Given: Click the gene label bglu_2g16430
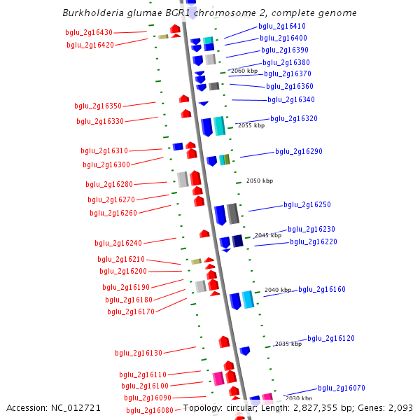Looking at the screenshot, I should point(89,32).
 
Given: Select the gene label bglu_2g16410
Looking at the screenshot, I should point(262,26).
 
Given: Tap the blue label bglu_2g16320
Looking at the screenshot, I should point(294,118).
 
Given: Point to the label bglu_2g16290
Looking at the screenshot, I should point(299,151).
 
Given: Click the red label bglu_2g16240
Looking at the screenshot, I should point(118,243).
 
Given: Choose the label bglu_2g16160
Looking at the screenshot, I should point(322,289).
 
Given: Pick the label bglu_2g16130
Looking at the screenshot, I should point(139,353).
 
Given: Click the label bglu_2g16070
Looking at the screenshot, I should point(342,388).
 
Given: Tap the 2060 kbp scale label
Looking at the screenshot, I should point(244,71).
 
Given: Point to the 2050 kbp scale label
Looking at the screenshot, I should point(259,181).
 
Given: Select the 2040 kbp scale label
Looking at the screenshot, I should point(277,290).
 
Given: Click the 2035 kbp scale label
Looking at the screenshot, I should point(288,344).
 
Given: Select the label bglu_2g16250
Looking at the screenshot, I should point(307,204).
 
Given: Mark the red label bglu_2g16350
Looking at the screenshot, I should point(98,106).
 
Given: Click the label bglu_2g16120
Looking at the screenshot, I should point(331,338).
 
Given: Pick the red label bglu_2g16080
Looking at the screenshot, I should point(149,410).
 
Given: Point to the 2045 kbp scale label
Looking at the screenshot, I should point(267,235).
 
